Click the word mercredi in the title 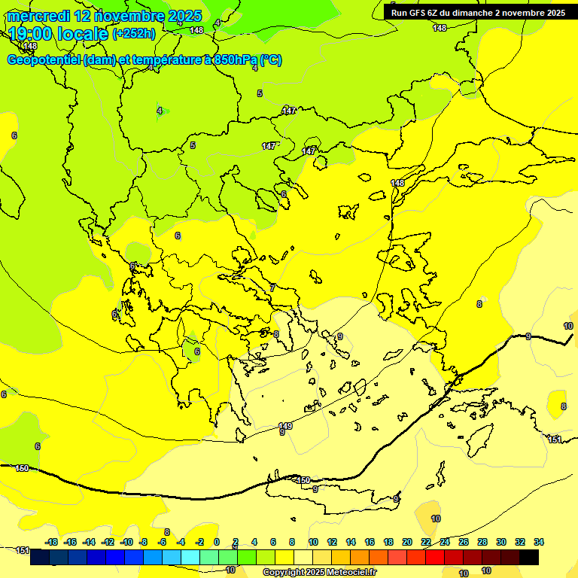click(x=38, y=16)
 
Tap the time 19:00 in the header click(x=32, y=34)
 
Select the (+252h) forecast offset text click(x=133, y=34)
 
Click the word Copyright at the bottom click(x=283, y=573)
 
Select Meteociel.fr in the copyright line click(x=351, y=573)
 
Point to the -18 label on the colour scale click(x=51, y=542)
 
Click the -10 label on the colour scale click(x=126, y=542)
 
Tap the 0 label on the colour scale click(x=217, y=542)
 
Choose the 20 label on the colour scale click(x=407, y=542)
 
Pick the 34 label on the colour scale click(x=539, y=542)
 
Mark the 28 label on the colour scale click(x=482, y=542)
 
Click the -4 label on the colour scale click(x=181, y=542)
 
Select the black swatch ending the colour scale click(x=528, y=558)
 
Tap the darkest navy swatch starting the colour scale click(x=40, y=558)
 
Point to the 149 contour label click(x=285, y=426)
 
